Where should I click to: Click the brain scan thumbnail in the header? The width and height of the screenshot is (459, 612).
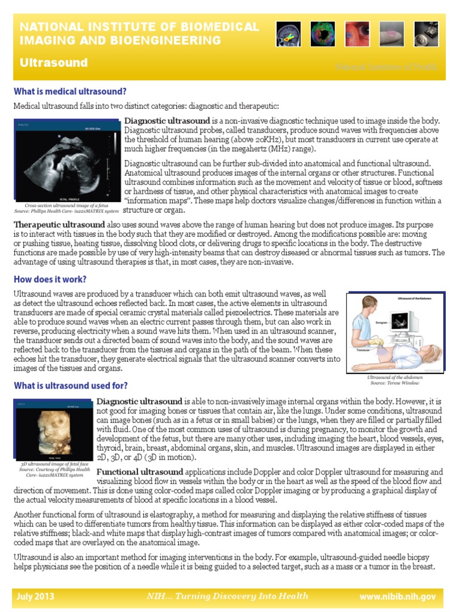[x=288, y=33]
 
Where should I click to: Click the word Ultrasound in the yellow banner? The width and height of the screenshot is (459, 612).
[x=54, y=63]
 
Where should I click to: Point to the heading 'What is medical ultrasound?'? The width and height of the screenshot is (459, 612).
[x=70, y=91]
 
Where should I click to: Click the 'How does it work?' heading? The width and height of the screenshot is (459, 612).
[x=50, y=279]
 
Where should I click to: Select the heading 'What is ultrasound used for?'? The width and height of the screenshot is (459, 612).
[x=71, y=385]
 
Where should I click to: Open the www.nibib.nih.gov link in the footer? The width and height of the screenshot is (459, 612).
[x=397, y=596]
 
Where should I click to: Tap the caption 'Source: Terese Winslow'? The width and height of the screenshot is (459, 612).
[x=395, y=384]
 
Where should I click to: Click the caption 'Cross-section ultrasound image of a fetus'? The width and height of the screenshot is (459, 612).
[x=67, y=206]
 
